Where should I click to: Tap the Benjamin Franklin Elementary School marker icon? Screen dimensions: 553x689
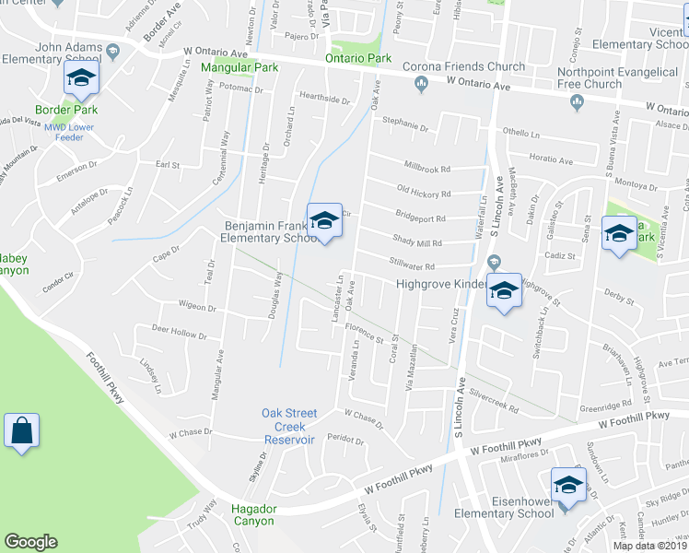[x=324, y=221]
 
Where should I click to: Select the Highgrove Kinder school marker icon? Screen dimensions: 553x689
[x=503, y=291]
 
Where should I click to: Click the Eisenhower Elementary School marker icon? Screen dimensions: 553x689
[x=568, y=486]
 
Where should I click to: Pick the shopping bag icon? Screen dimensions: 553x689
[x=21, y=430]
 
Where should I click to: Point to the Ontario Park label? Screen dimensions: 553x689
[x=358, y=59]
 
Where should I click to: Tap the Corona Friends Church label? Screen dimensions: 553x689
[x=464, y=67]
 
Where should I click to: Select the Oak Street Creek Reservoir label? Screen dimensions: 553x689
[x=289, y=426]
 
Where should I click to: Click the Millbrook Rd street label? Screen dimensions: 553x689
[x=427, y=169]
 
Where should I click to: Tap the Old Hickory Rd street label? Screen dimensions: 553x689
[x=423, y=193]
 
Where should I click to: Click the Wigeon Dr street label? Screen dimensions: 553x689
[x=198, y=305]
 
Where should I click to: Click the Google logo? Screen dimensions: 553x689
[x=30, y=541]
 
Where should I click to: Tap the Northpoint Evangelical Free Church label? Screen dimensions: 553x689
[x=590, y=78]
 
